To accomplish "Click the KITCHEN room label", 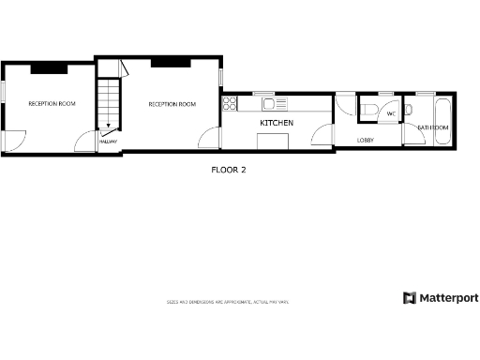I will click(277, 123).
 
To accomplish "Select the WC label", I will click(391, 113).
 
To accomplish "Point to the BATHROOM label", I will click(433, 127).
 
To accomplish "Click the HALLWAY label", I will click(108, 141).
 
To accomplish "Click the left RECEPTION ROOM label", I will click(52, 103).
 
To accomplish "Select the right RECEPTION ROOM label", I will click(172, 104).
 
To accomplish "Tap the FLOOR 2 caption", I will click(229, 171).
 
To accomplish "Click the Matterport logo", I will click(441, 298).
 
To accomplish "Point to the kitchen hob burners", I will click(230, 103).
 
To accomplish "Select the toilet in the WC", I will click(372, 112).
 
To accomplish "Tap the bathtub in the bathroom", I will click(442, 109).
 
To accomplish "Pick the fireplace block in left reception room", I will click(47, 68).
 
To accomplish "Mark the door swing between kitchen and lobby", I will click(323, 138).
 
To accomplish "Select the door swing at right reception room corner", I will click(208, 139).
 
